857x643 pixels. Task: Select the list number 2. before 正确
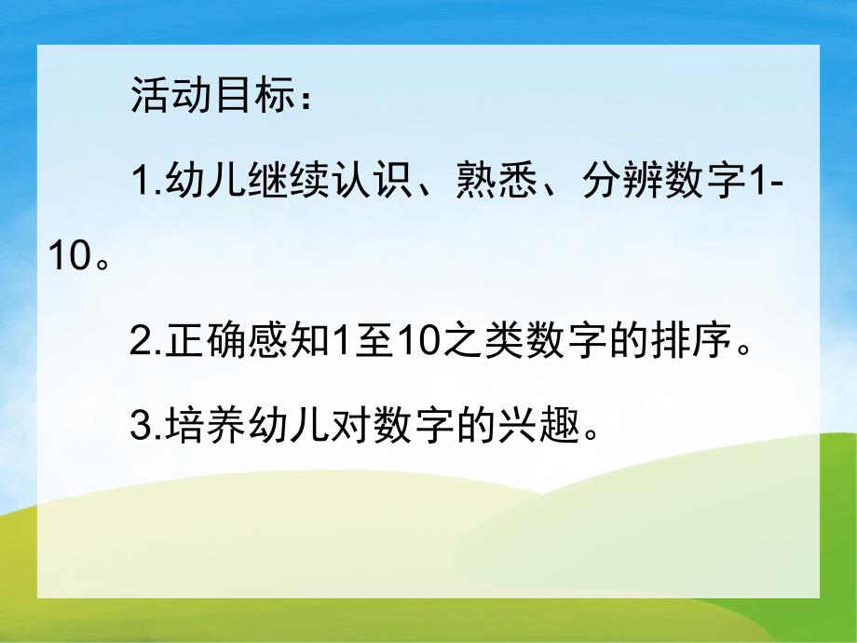tap(147, 344)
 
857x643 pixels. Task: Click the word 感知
tap(288, 344)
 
